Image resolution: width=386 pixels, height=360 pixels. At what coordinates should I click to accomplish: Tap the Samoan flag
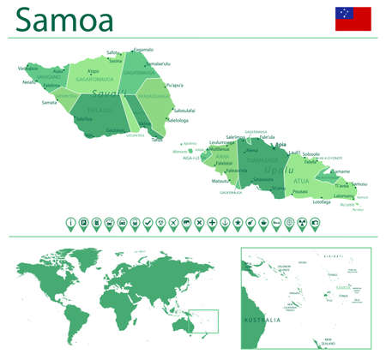[353, 18]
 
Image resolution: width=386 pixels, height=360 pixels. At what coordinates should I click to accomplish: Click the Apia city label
[282, 146]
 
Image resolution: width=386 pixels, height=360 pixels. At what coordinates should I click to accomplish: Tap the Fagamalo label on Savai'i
[143, 50]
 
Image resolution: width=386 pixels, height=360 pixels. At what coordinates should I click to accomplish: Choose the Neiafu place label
[29, 82]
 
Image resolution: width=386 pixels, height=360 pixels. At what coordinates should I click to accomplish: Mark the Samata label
[49, 103]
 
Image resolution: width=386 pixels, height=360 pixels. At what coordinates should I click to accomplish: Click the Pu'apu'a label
[174, 85]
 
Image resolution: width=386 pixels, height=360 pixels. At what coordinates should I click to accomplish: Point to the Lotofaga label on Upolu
[322, 202]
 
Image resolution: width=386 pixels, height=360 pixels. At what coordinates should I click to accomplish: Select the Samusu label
[359, 184]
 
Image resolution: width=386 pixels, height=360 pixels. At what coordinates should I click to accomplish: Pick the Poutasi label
[299, 192]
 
